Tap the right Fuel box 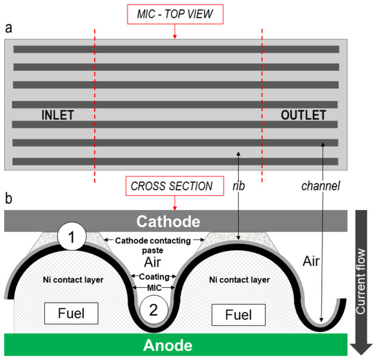click(x=233, y=314)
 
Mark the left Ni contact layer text click(x=67, y=279)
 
